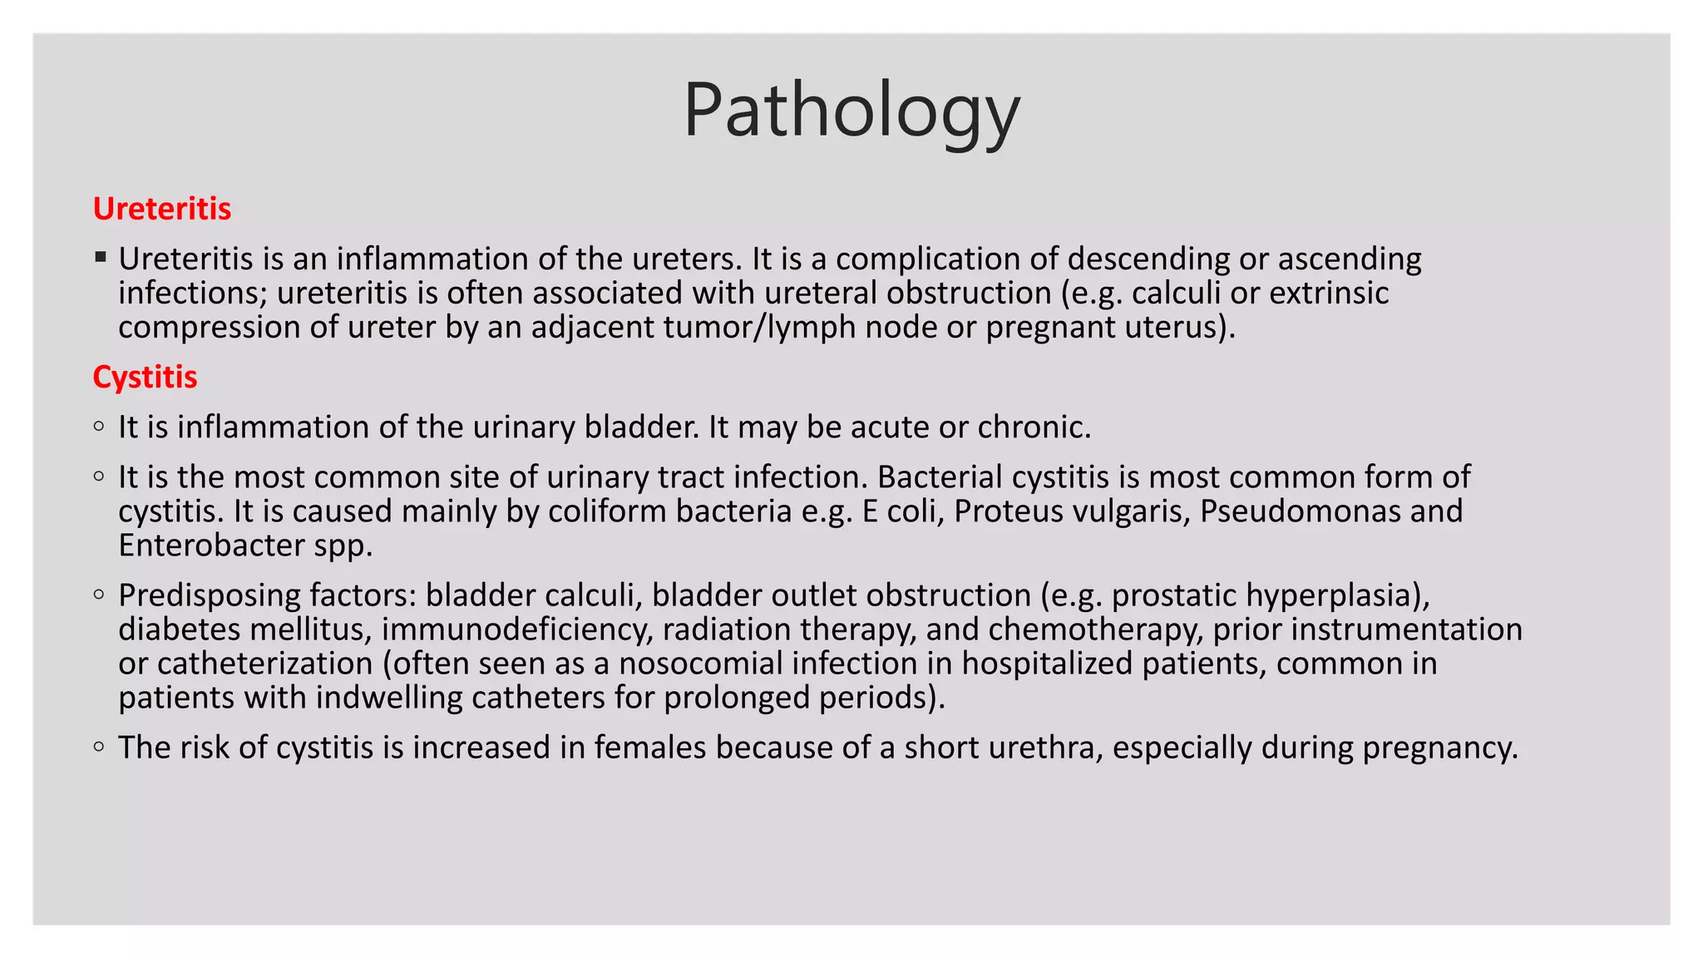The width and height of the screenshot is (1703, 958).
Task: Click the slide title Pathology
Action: point(851,111)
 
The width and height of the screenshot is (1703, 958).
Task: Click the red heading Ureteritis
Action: point(162,209)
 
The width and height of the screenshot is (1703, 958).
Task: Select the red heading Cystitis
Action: point(145,377)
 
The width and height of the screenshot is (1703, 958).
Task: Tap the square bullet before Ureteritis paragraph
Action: point(101,257)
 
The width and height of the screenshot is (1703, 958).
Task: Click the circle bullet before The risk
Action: point(100,747)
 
